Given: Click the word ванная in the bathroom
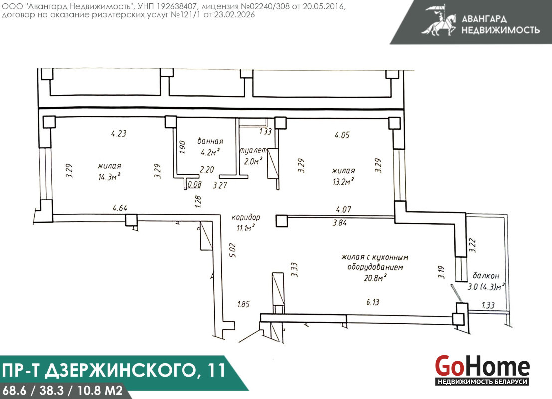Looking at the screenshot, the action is [210, 141].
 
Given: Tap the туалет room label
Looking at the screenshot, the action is [253, 151].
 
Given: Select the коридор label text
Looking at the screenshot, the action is [246, 218].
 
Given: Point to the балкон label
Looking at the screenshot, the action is [486, 276].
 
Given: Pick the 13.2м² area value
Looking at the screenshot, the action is [343, 182].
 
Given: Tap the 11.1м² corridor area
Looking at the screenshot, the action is [246, 228].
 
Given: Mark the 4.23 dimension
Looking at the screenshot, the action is [119, 134].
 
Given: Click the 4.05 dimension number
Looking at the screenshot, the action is [342, 135].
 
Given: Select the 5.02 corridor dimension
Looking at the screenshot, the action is [233, 250].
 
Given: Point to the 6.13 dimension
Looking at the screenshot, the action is [373, 302].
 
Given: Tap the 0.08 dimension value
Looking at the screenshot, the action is [194, 184].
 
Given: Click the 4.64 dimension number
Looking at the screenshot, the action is [120, 208].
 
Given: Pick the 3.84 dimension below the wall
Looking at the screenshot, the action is [340, 222].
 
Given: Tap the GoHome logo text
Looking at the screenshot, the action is [482, 366].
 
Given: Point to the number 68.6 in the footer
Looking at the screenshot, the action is [14, 391].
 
